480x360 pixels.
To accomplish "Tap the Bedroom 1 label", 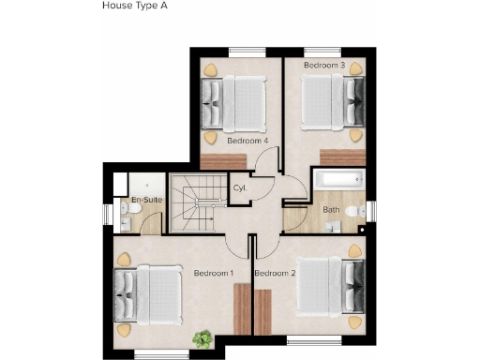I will (x=213, y=273).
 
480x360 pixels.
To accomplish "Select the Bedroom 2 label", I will (x=275, y=273).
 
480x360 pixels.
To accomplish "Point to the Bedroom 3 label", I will (x=325, y=65).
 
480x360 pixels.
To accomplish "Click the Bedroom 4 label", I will (x=247, y=141).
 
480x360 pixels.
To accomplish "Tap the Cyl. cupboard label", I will (x=239, y=188).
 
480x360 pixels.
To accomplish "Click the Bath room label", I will (x=331, y=210).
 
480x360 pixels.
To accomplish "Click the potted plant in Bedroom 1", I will (x=201, y=338).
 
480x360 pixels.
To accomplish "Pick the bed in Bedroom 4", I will (x=235, y=101).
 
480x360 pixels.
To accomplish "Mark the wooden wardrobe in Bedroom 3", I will (x=341, y=157).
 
